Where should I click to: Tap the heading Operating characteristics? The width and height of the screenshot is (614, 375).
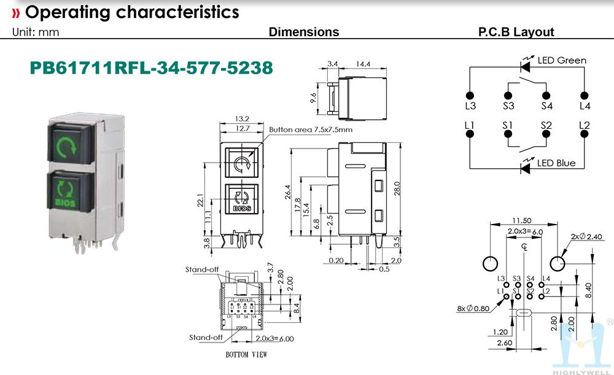coord(125,12)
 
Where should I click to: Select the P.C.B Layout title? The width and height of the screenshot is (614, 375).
coord(516,32)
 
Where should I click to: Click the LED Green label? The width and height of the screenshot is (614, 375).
coord(562,60)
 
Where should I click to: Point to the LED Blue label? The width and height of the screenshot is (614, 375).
coord(557,163)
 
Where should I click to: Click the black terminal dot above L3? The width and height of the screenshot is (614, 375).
coord(470,96)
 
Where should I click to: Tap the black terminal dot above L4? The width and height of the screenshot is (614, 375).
coord(584,96)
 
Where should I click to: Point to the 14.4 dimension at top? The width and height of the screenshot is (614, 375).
coord(363,64)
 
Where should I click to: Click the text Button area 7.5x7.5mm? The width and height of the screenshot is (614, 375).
coord(311,130)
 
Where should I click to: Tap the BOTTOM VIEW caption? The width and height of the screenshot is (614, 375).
coord(246,355)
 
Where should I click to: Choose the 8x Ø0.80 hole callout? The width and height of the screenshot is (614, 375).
coord(473,309)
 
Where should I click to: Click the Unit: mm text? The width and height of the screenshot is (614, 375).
coord(36,33)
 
